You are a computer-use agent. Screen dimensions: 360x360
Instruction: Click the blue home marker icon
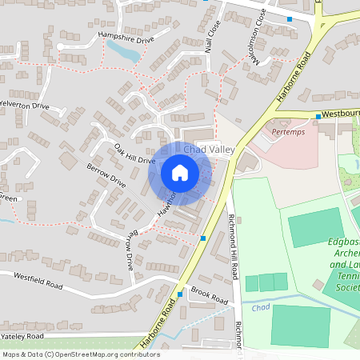coord(180,173)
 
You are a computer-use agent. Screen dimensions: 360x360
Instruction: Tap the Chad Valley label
coord(206,150)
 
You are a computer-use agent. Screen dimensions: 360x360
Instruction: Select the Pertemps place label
coord(289,130)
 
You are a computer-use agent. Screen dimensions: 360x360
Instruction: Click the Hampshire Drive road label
coord(126,37)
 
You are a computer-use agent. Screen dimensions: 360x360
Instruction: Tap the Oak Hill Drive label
coord(134,154)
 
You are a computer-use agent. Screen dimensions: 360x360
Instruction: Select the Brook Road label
coord(210,297)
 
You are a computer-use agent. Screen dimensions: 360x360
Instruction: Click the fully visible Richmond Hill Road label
coord(234,247)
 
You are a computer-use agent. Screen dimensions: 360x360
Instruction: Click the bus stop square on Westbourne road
coord(318,117)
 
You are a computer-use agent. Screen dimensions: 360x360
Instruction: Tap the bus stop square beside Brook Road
coord(180,294)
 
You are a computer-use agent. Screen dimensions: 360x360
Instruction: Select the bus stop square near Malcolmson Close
coord(290,18)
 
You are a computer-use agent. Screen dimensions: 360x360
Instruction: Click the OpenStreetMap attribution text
coord(80,354)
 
